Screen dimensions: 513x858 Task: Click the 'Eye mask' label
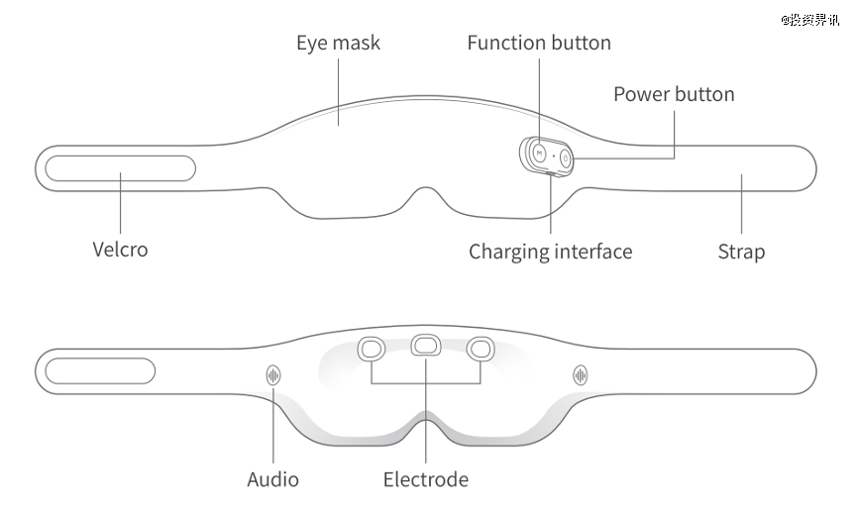click(x=338, y=44)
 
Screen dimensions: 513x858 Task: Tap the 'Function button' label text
click(x=539, y=43)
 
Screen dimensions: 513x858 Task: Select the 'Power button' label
click(x=674, y=94)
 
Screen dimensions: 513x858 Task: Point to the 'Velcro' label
click(x=120, y=249)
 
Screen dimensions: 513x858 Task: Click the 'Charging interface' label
click(x=550, y=252)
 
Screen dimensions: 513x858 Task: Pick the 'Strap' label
click(x=741, y=252)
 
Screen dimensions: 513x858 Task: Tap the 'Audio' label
click(x=272, y=480)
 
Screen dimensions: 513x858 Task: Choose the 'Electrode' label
click(x=425, y=480)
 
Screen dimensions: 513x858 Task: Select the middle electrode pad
click(x=426, y=345)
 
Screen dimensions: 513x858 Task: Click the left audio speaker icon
click(x=273, y=374)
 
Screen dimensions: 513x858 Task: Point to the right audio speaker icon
click(x=582, y=374)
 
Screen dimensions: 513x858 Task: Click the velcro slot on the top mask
click(x=120, y=167)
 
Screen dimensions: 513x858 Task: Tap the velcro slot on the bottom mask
click(x=100, y=372)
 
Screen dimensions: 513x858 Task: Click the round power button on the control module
click(x=566, y=156)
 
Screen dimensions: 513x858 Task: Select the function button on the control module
click(x=536, y=154)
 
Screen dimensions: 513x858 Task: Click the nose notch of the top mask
click(x=426, y=193)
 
